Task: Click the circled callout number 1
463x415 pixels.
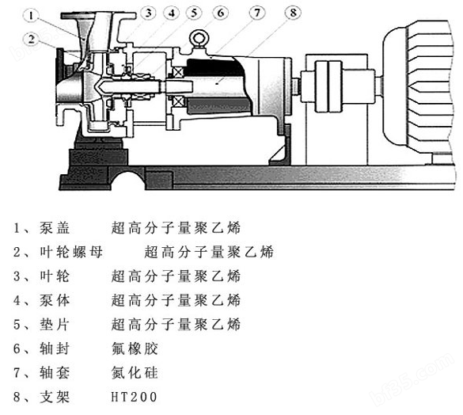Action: coord(32,15)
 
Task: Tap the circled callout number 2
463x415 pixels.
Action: coord(32,40)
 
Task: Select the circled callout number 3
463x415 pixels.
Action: coord(149,13)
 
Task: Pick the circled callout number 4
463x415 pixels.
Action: coord(172,13)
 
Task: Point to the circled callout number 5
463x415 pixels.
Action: coord(194,13)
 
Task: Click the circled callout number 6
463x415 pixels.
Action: coord(221,13)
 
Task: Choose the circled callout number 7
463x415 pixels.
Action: coord(257,13)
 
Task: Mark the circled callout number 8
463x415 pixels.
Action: coord(293,13)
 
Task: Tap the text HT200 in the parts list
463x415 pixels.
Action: coord(135,397)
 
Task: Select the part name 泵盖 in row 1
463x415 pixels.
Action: coord(55,227)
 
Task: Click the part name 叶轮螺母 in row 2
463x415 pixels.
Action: coord(71,252)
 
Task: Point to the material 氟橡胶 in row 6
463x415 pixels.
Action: coord(135,348)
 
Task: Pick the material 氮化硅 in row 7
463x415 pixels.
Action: coord(135,372)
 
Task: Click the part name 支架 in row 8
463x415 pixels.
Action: coord(55,397)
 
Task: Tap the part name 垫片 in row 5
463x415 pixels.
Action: coord(55,324)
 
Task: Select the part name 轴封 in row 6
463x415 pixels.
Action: coord(55,348)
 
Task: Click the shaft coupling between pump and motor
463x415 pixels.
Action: coord(328,86)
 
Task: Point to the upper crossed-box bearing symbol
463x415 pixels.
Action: coord(178,72)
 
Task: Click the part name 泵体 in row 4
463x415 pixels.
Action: coord(55,300)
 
